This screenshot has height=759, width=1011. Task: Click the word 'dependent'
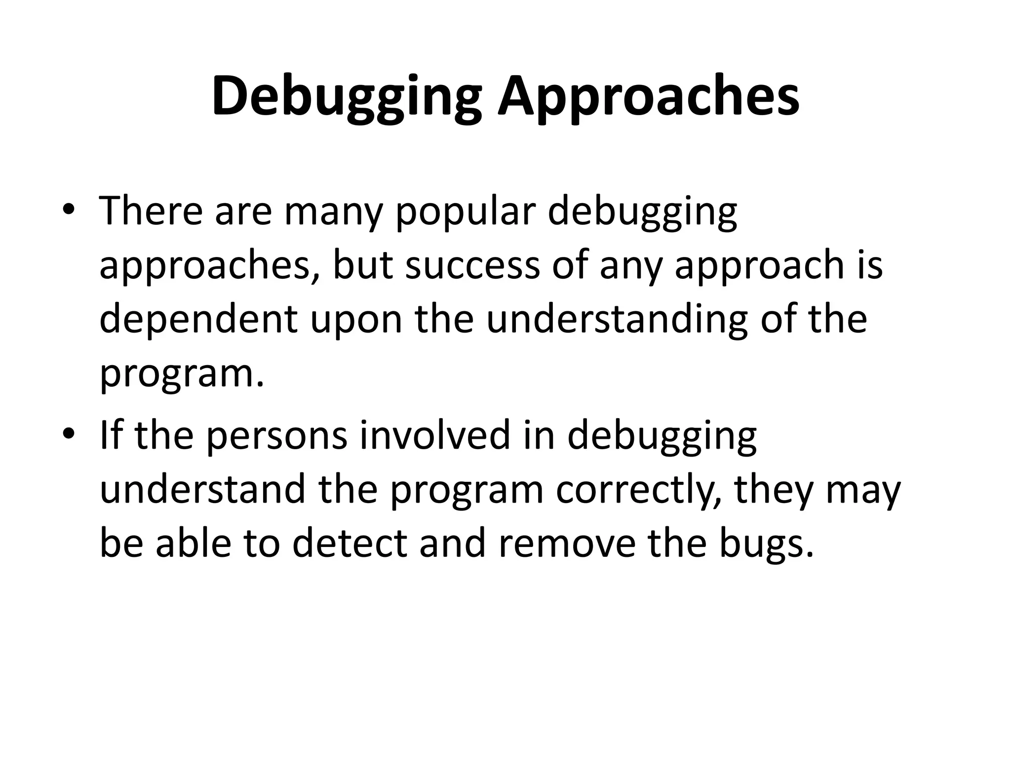pyautogui.click(x=198, y=320)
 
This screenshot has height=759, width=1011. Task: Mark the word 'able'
pyautogui.click(x=194, y=544)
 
